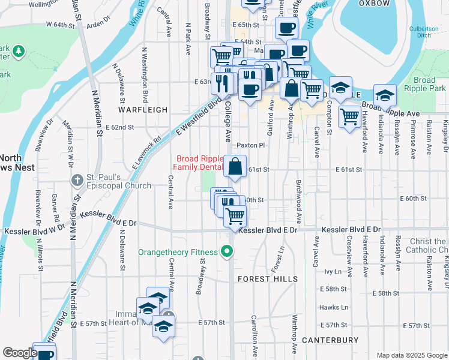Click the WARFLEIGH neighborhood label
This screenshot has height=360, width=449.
point(142,110)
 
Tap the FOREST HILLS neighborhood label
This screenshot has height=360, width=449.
point(267,279)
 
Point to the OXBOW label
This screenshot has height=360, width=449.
point(374,3)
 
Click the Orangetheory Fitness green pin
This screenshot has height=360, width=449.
point(227,252)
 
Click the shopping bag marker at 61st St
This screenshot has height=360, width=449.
point(235,166)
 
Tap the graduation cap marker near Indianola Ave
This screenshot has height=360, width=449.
point(384,95)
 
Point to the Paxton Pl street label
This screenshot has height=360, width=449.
point(250,145)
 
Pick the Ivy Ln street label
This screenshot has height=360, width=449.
point(333,271)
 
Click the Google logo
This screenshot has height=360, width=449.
point(19,353)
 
